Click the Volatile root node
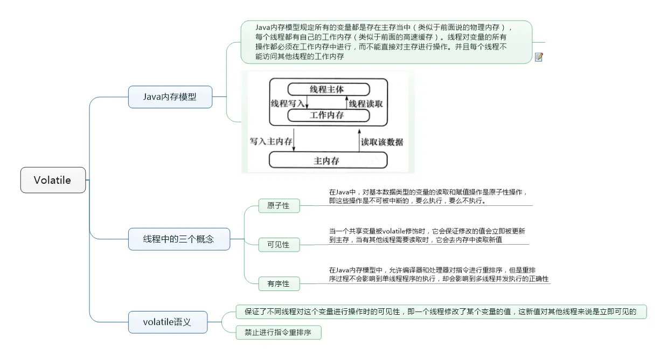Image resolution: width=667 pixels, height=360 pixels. pyautogui.click(x=53, y=180)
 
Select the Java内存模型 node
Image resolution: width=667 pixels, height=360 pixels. pyautogui.click(x=170, y=97)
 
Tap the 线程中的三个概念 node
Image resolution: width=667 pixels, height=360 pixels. pyautogui.click(x=178, y=239)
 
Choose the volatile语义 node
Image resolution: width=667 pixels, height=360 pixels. pyautogui.click(x=167, y=322)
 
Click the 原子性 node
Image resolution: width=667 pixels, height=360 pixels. pyautogui.click(x=278, y=206)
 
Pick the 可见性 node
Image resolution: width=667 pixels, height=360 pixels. pyautogui.click(x=278, y=245)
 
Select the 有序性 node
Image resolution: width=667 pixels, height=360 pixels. pyautogui.click(x=278, y=283)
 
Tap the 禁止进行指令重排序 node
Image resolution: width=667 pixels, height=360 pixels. pyautogui.click(x=278, y=333)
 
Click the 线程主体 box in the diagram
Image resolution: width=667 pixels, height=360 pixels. pyautogui.click(x=328, y=89)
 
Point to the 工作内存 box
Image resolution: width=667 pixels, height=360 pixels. pyautogui.click(x=328, y=115)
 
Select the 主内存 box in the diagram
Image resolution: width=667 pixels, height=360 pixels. pyautogui.click(x=328, y=161)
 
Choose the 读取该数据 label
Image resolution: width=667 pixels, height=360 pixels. pyautogui.click(x=382, y=142)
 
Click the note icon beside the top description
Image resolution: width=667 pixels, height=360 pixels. pyautogui.click(x=539, y=57)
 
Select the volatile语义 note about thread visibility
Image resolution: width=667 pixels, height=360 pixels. pyautogui.click(x=441, y=311)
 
